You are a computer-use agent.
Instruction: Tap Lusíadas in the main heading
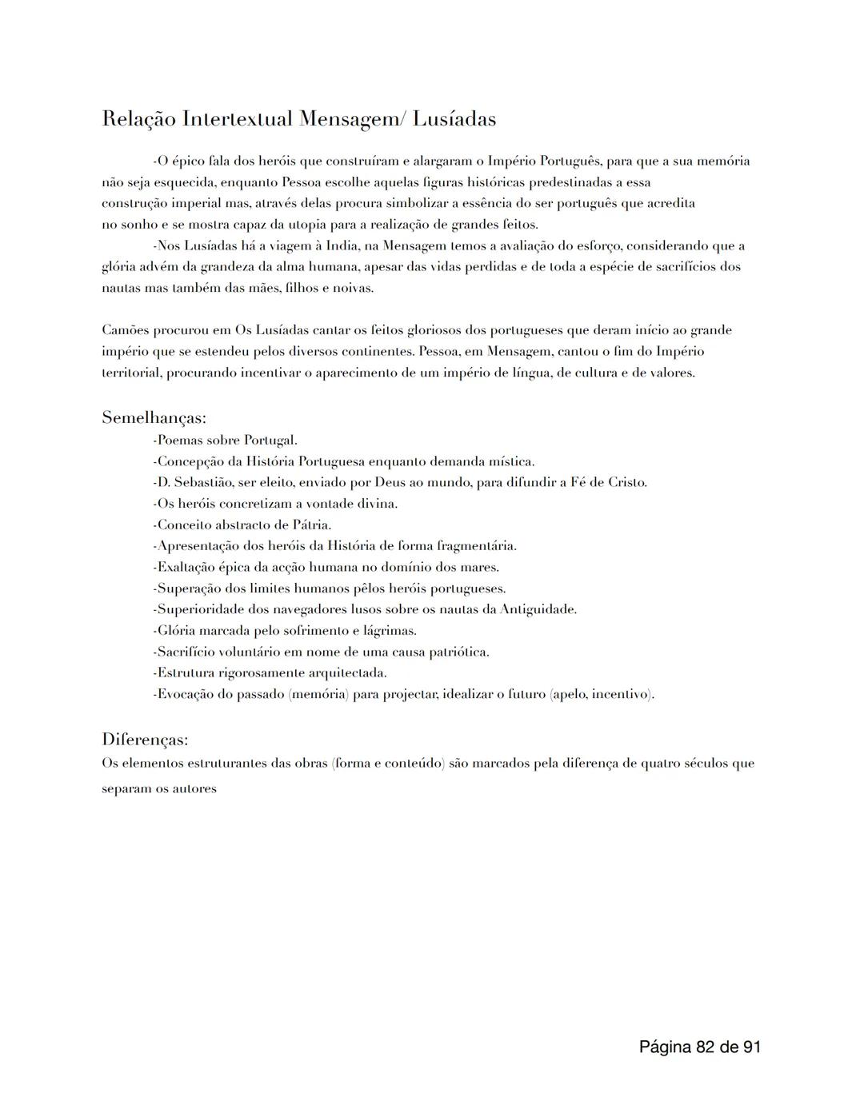pyautogui.click(x=454, y=120)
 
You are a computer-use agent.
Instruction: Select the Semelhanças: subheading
pyautogui.click(x=154, y=417)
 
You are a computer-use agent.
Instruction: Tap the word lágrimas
pyautogui.click(x=390, y=631)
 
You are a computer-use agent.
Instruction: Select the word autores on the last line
pyautogui.click(x=195, y=789)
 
